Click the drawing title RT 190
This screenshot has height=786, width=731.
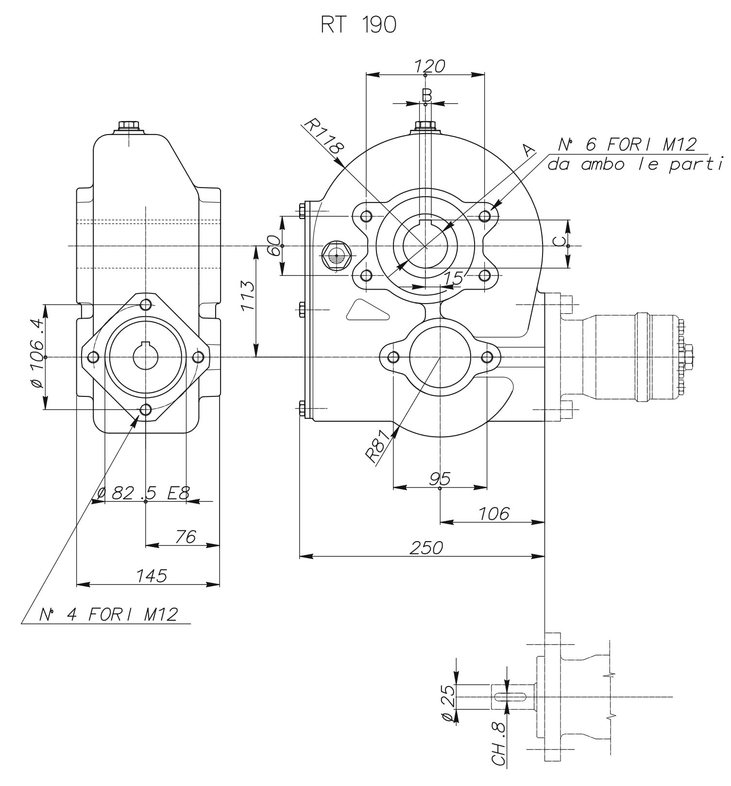pyautogui.click(x=358, y=26)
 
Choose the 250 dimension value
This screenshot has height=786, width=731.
pyautogui.click(x=427, y=547)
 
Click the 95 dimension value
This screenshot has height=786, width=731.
pyautogui.click(x=440, y=478)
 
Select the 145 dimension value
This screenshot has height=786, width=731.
pyautogui.click(x=151, y=576)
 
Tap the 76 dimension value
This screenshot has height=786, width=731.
pyautogui.click(x=185, y=537)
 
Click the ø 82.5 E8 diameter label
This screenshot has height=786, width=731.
pyautogui.click(x=142, y=493)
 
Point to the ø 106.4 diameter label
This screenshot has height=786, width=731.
pyautogui.click(x=37, y=353)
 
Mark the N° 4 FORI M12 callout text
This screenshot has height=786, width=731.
pyautogui.click(x=108, y=615)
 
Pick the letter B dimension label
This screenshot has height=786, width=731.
pyautogui.click(x=426, y=94)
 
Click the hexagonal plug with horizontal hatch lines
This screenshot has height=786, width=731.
pyautogui.click(x=336, y=254)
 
